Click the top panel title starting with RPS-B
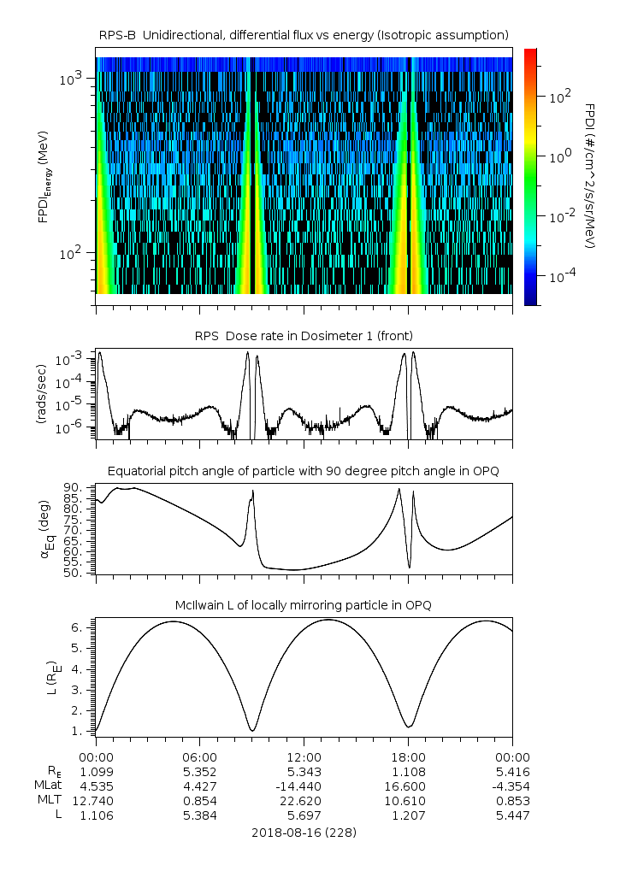tap(304, 34)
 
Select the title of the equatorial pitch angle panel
tap(304, 471)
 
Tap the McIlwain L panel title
tap(304, 605)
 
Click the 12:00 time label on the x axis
tap(304, 756)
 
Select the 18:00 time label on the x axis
tap(408, 756)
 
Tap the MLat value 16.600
tap(408, 786)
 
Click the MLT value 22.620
tap(304, 801)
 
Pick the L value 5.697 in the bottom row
tap(304, 815)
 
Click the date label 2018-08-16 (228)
tap(304, 832)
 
